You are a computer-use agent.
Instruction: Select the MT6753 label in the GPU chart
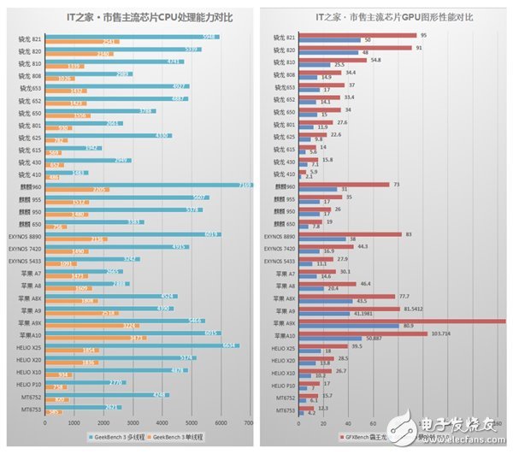(286, 411)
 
